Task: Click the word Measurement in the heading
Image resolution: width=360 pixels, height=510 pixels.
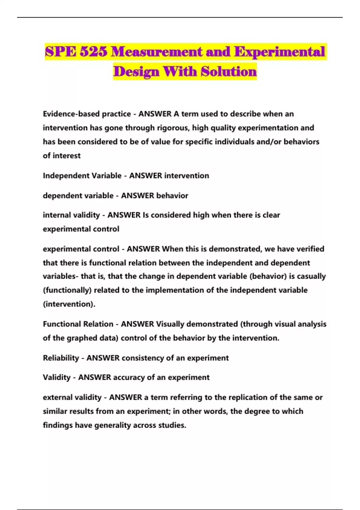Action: (156, 52)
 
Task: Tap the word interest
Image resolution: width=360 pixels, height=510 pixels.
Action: (67, 155)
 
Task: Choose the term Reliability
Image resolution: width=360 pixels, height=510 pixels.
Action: (61, 358)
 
